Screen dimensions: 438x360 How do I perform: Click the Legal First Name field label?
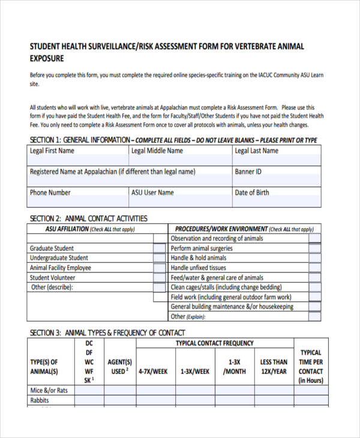tap(52, 151)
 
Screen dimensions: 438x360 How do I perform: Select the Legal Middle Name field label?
tap(157, 151)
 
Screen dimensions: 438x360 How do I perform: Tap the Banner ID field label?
tap(248, 172)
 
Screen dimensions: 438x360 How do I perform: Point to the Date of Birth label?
tap(252, 193)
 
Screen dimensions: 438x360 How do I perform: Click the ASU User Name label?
tap(152, 193)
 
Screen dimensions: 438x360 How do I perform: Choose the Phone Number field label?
tap(50, 193)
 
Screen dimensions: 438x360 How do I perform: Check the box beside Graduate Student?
tap(159, 248)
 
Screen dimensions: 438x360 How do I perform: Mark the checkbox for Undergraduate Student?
tap(159, 258)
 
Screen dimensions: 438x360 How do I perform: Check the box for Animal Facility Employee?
tap(159, 268)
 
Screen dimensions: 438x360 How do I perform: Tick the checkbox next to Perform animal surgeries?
tap(314, 248)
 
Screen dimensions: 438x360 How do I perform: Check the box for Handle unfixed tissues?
tap(314, 268)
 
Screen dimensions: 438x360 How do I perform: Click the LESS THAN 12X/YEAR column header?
tap(274, 367)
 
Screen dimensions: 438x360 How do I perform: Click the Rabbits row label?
tap(40, 400)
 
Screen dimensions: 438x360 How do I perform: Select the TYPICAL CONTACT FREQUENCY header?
tap(214, 343)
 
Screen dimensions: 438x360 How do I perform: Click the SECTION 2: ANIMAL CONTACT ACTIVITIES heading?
tap(88, 218)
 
